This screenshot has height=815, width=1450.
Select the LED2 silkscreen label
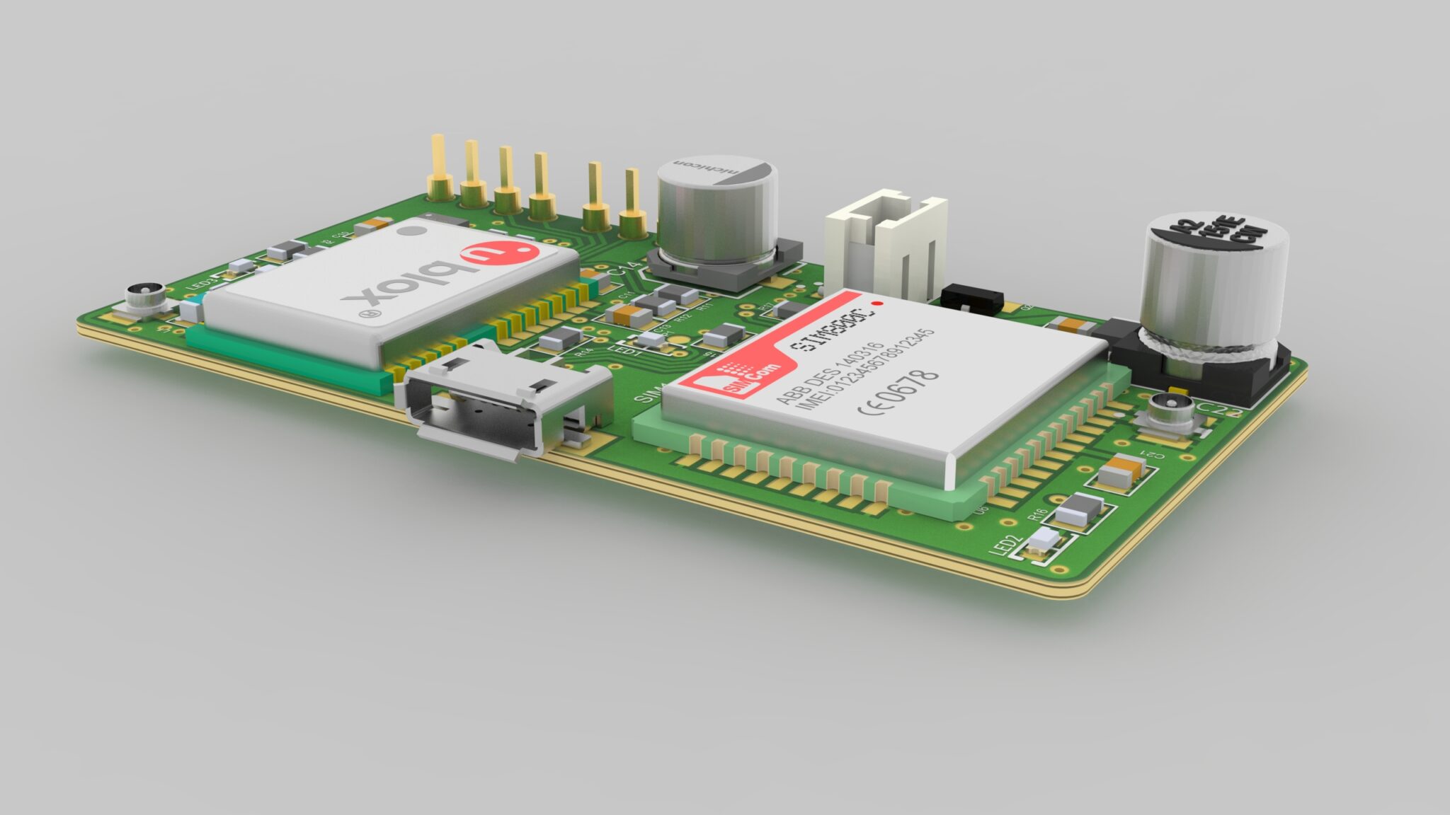(x=1006, y=546)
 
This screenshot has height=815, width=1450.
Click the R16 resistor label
(x=1037, y=514)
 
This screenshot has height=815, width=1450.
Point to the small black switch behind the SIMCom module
(x=972, y=297)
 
